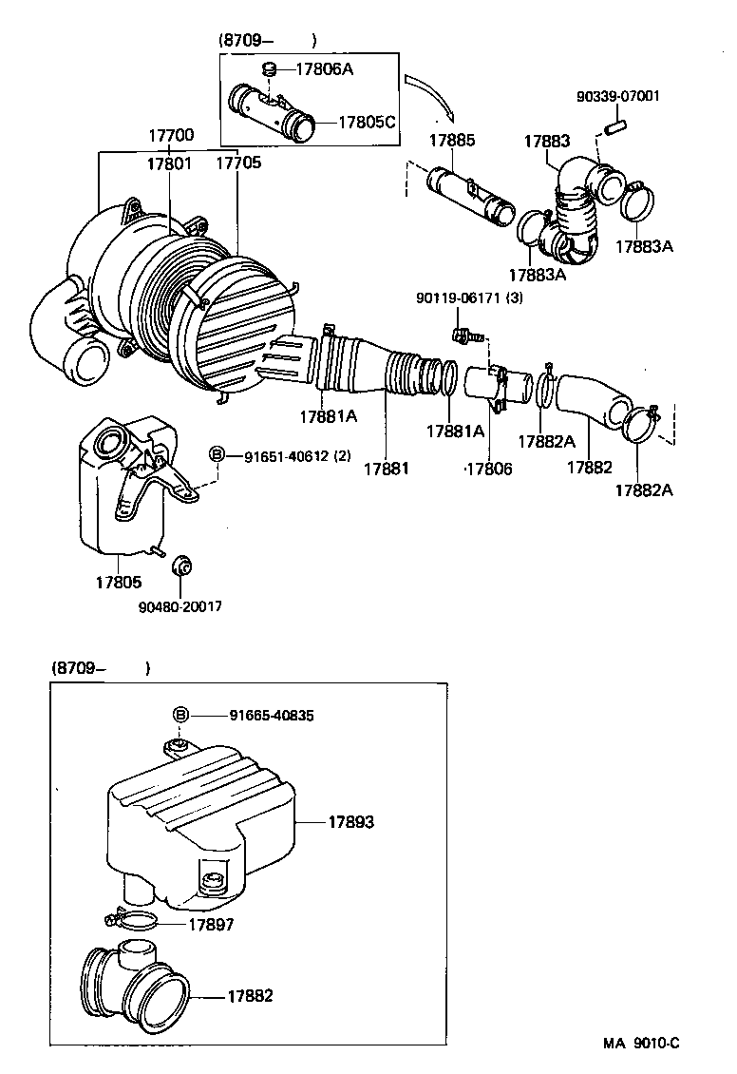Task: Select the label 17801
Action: pyautogui.click(x=169, y=163)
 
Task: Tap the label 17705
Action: pyautogui.click(x=236, y=163)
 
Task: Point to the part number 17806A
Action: pyautogui.click(x=326, y=68)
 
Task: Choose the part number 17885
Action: pyautogui.click(x=451, y=140)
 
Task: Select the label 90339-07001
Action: pyautogui.click(x=619, y=97)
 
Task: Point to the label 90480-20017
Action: pyautogui.click(x=180, y=606)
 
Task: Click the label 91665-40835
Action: pyautogui.click(x=274, y=715)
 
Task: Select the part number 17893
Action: pyautogui.click(x=351, y=821)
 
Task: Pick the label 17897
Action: pyautogui.click(x=211, y=923)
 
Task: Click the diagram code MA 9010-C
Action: pyautogui.click(x=641, y=1042)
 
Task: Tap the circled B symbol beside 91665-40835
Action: pyautogui.click(x=180, y=715)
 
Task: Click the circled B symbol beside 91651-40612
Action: pyautogui.click(x=217, y=455)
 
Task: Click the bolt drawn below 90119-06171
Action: pyautogui.click(x=463, y=336)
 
